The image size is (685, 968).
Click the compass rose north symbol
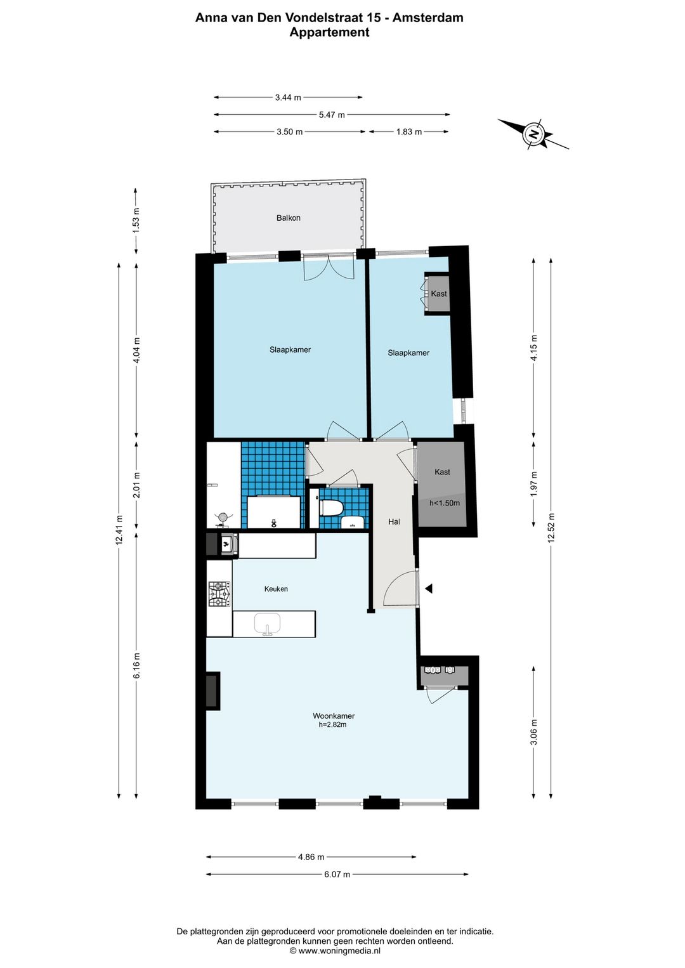(x=534, y=134)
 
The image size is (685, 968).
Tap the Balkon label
(x=289, y=218)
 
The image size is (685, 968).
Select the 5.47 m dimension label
(x=332, y=115)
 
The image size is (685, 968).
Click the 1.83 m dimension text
(x=408, y=132)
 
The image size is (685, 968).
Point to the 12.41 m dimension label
(x=119, y=530)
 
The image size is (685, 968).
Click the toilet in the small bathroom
(x=332, y=508)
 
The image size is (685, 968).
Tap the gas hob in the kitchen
(x=219, y=594)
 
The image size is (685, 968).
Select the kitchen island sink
(x=268, y=624)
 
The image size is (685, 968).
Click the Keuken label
(x=276, y=589)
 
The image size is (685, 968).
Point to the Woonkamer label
(x=334, y=716)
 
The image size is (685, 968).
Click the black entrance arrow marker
(x=429, y=589)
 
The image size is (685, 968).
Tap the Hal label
(x=394, y=522)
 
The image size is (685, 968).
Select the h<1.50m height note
(x=445, y=503)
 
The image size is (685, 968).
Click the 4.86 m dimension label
(x=311, y=857)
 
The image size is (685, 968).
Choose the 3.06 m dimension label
(x=533, y=732)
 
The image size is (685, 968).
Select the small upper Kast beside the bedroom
(x=438, y=294)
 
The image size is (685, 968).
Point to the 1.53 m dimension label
(x=136, y=220)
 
